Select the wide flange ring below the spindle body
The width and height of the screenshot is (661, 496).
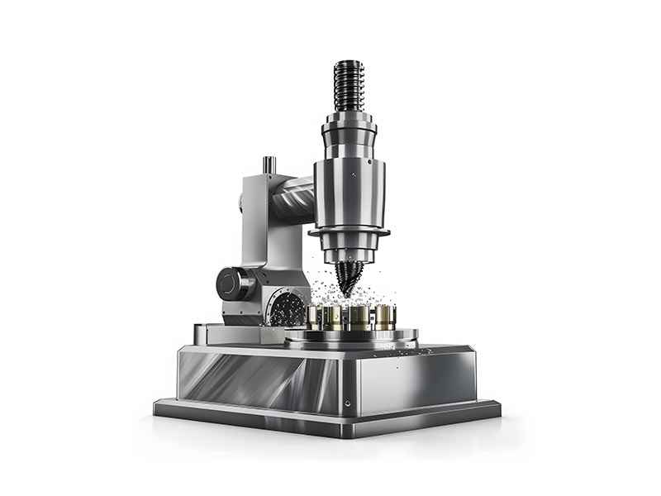[x=349, y=233]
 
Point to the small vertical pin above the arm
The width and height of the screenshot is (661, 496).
[x=269, y=165]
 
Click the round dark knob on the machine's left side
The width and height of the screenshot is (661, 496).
[x=233, y=284]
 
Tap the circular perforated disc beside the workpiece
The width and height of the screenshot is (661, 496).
[x=288, y=308]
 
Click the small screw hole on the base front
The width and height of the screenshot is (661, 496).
[x=348, y=403]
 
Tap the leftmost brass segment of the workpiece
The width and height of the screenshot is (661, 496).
[x=315, y=317]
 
